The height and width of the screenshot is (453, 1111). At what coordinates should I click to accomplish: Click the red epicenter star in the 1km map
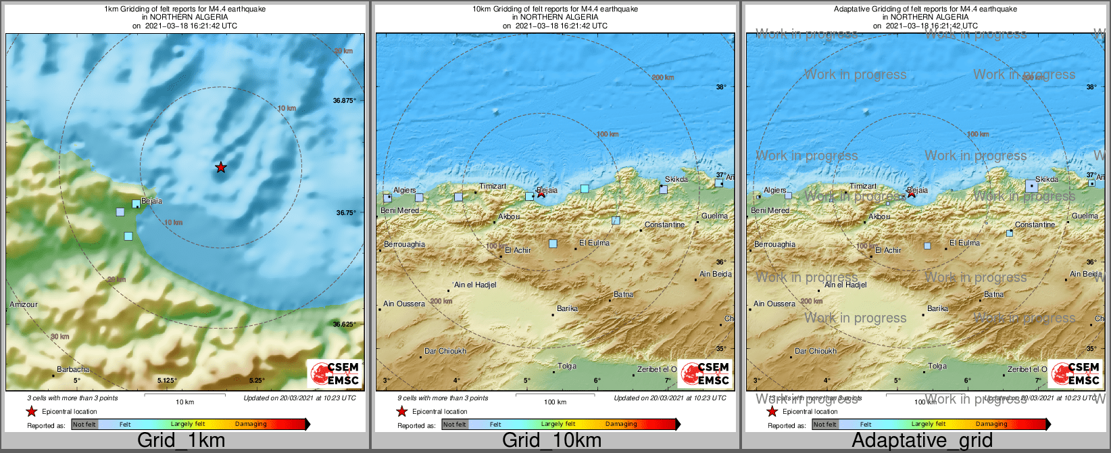pos(221,167)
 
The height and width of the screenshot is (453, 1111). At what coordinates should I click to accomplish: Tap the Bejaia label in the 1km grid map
pos(151,201)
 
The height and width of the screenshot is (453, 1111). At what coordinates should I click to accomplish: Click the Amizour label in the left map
pos(24,304)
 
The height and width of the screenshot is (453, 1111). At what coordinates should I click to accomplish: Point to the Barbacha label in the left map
pos(73,369)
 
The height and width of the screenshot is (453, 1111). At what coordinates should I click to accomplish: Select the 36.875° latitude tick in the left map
pos(344,100)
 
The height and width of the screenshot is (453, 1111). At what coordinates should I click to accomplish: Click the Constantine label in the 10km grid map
pos(664,224)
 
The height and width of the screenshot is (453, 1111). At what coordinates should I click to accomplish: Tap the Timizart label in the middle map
pos(493,186)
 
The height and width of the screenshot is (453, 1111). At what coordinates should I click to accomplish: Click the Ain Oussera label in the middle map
pos(404,304)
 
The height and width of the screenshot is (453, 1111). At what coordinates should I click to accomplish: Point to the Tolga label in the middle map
pos(567,366)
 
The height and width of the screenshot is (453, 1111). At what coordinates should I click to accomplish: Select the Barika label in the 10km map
pos(567,308)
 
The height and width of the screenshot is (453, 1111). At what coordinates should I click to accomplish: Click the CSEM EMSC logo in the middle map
pos(705,374)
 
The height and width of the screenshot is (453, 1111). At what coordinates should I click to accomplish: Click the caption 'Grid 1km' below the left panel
pos(181,441)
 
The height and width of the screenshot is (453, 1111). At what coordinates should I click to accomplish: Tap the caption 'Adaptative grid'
pos(922,441)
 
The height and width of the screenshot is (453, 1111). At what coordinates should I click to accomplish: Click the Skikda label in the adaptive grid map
pos(1046,179)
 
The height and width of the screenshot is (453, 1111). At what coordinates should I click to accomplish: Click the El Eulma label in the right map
pos(964,243)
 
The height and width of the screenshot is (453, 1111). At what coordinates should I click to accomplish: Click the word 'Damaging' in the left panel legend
pos(251,424)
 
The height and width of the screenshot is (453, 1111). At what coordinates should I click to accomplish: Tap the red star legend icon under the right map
pos(772,411)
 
